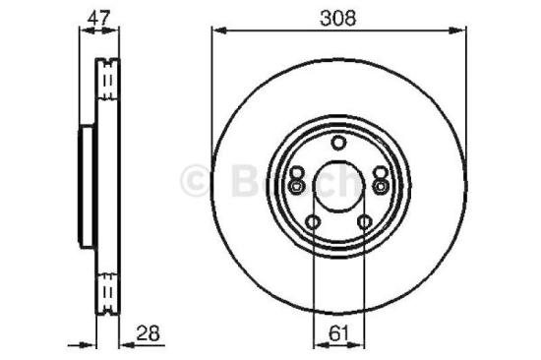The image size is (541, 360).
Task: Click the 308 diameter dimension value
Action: point(337,17)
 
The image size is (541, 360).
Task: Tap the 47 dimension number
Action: point(94,17)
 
